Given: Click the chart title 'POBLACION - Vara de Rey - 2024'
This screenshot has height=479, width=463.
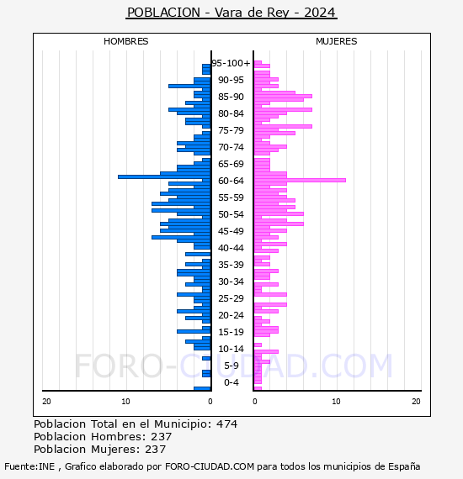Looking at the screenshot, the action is [x=231, y=13].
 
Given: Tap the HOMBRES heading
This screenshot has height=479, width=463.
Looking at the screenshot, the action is [x=125, y=41].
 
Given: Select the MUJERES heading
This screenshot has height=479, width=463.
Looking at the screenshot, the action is [x=337, y=41].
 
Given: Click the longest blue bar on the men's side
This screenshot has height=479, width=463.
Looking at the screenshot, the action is [x=164, y=176].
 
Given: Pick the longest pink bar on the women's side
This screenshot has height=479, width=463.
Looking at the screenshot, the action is [x=300, y=180].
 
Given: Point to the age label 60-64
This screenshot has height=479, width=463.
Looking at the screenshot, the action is [x=231, y=181].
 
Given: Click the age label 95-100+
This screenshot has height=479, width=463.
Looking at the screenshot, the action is [x=231, y=63].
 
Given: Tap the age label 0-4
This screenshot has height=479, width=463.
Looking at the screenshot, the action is [x=231, y=382].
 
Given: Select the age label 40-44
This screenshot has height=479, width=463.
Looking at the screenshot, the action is [x=231, y=248].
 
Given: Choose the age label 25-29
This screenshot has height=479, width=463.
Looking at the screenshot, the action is [x=231, y=298].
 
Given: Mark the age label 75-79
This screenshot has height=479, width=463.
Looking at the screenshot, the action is [x=231, y=130].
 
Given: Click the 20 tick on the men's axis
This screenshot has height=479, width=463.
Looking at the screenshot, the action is [x=46, y=402].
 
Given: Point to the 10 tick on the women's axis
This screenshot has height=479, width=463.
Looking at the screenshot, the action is [x=336, y=402].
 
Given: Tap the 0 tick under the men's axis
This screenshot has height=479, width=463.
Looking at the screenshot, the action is [x=210, y=402].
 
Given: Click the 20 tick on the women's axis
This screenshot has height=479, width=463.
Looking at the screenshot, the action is [x=416, y=402].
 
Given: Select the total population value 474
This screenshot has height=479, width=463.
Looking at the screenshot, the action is [x=226, y=424].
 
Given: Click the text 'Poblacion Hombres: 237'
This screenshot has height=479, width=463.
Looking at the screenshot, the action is [x=103, y=437].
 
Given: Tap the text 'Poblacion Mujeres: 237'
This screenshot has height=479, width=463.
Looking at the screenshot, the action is [x=100, y=450].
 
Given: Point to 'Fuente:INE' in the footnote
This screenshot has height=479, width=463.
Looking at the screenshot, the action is [x=29, y=466].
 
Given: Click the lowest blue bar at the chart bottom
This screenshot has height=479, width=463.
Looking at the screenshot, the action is [x=202, y=388].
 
